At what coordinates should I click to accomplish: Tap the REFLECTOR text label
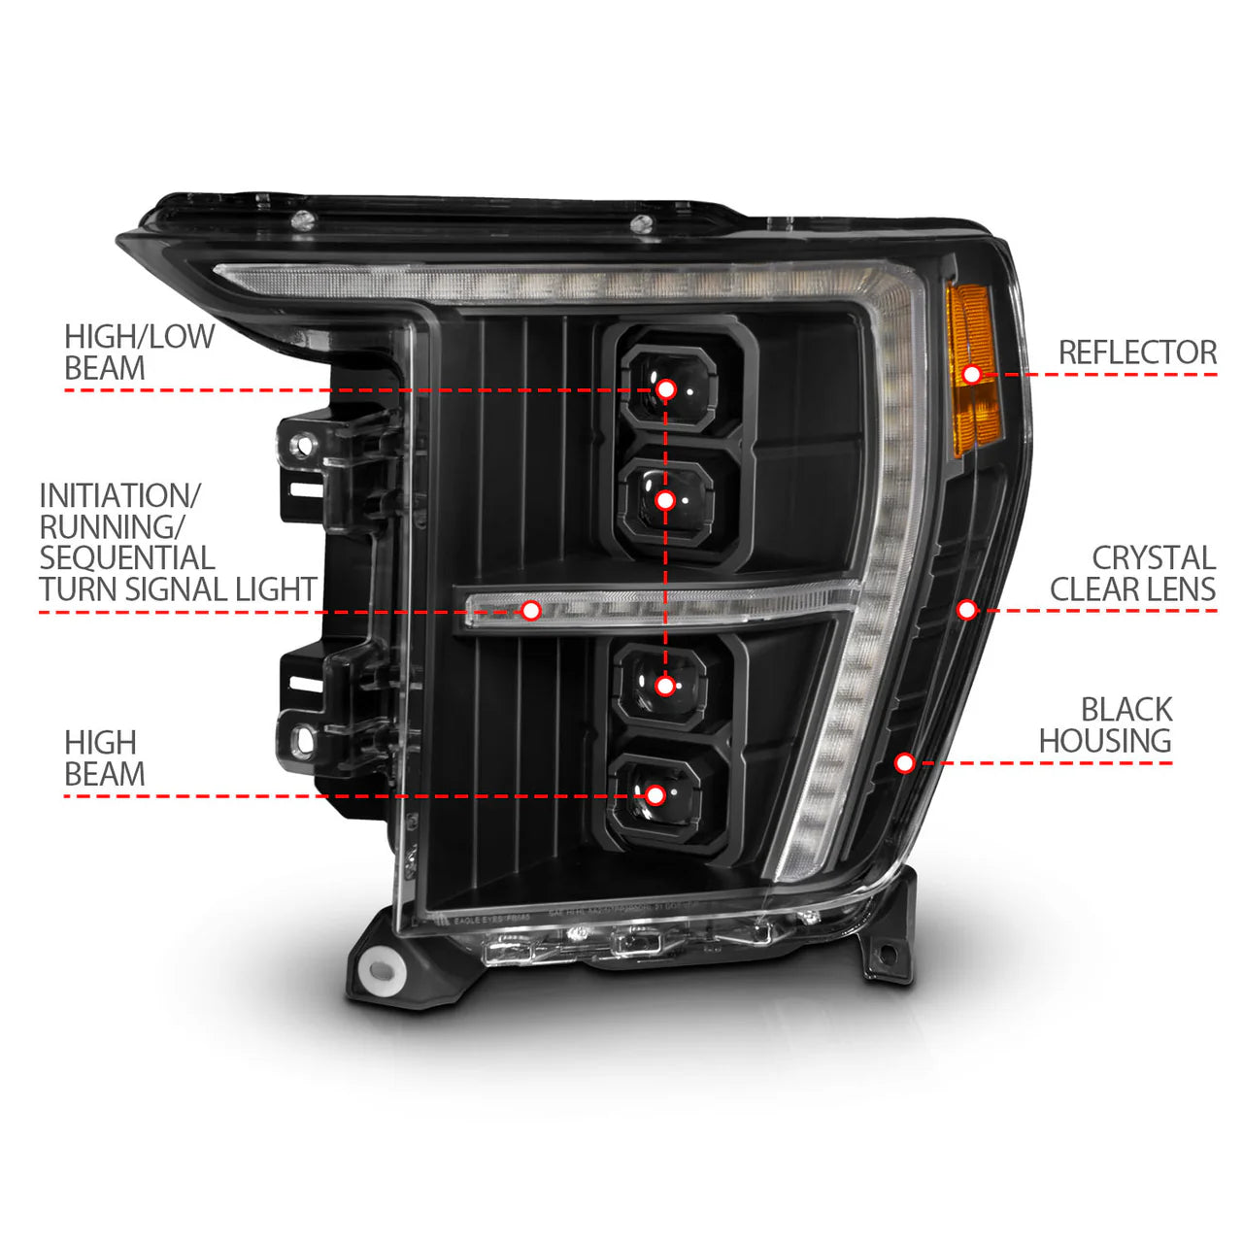(1137, 353)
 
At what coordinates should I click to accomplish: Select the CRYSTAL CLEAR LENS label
(1132, 573)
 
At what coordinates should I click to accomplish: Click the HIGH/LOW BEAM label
(139, 353)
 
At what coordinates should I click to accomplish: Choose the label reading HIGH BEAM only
(104, 758)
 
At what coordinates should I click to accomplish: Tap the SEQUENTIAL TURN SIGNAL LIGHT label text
(178, 542)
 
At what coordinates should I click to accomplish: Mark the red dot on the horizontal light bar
(530, 610)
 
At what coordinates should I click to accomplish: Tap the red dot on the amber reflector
(971, 374)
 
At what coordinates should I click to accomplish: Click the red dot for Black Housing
(904, 762)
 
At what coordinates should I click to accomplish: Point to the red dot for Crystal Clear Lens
(966, 609)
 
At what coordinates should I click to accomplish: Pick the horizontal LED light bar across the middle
(660, 606)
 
